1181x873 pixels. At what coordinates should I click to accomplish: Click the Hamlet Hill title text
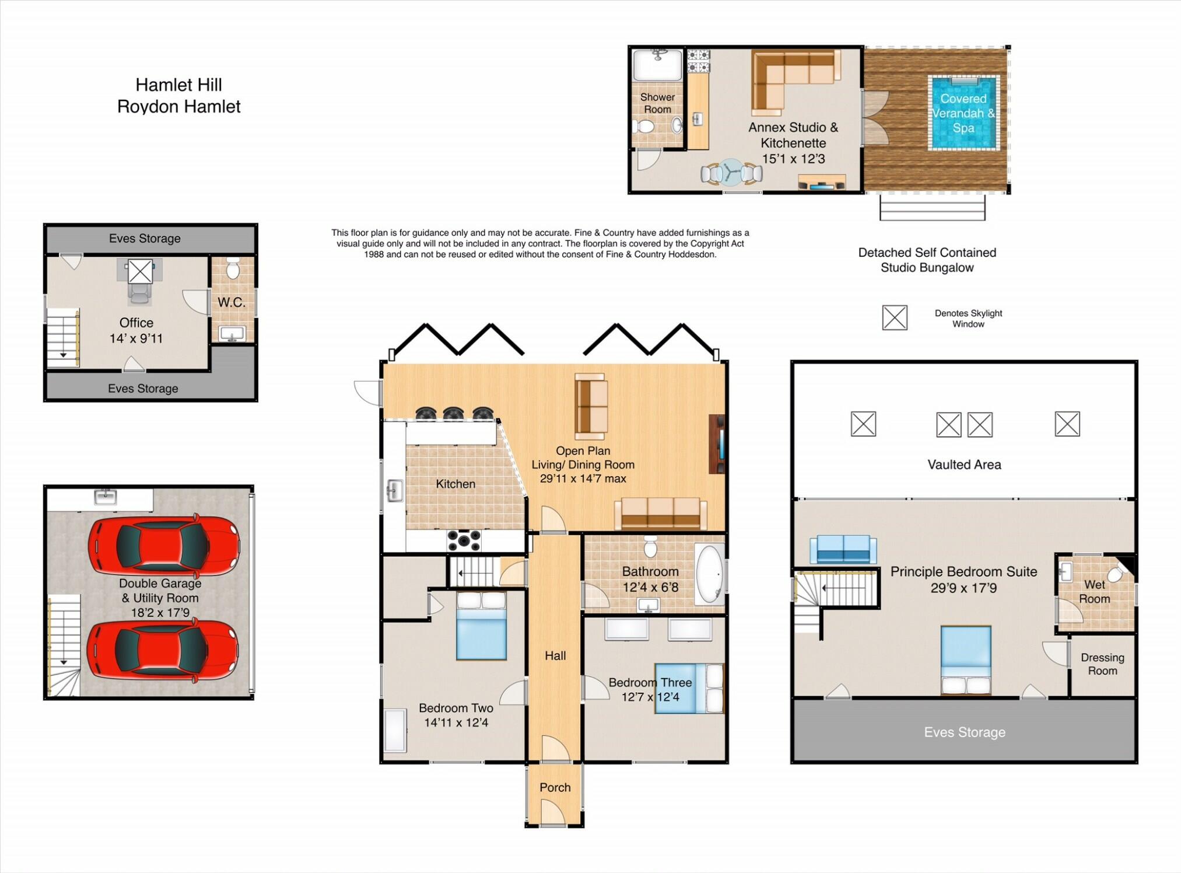[178, 85]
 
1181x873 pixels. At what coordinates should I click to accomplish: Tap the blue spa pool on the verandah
[963, 113]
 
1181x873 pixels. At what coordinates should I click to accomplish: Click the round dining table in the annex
[731, 172]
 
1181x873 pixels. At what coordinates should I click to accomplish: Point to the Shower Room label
[657, 103]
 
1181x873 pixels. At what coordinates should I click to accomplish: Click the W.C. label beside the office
[232, 302]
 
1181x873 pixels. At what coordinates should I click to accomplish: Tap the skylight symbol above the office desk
[140, 271]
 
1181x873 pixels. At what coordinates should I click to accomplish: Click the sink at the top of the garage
[106, 497]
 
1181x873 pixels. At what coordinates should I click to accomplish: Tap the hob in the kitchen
[464, 540]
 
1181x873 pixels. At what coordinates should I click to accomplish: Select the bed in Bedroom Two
[481, 626]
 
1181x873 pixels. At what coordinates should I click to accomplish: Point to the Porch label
[555, 787]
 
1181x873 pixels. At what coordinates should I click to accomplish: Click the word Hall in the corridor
[555, 656]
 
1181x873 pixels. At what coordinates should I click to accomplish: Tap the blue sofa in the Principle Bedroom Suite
[843, 549]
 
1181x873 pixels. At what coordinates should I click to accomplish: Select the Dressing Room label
[1102, 664]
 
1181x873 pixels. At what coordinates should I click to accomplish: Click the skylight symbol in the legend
[894, 317]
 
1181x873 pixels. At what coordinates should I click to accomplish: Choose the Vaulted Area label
[964, 465]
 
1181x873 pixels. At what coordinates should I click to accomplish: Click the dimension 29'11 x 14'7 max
[583, 479]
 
